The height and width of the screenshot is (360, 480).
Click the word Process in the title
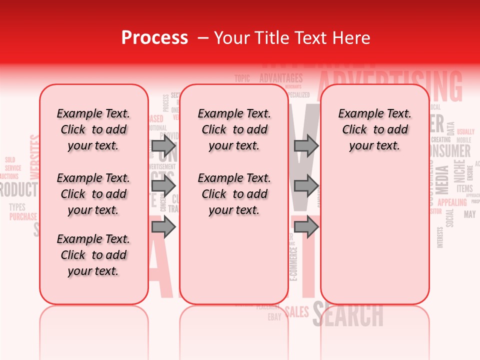pyautogui.click(x=154, y=38)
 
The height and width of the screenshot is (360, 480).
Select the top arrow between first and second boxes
pyautogui.click(x=163, y=146)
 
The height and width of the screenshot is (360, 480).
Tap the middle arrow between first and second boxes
pyautogui.click(x=163, y=186)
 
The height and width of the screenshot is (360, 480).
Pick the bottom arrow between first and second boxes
pyautogui.click(x=163, y=227)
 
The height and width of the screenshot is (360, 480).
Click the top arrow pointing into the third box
pyautogui.click(x=306, y=146)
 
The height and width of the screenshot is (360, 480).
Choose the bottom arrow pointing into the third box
pyautogui.click(x=306, y=227)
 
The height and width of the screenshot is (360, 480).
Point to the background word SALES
pyautogui.click(x=297, y=312)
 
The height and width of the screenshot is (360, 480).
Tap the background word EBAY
pyautogui.click(x=274, y=317)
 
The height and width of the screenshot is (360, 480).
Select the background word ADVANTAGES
pyautogui.click(x=281, y=78)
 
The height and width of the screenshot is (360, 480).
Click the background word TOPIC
pyautogui.click(x=242, y=78)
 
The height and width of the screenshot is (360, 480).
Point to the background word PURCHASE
pyautogui.click(x=23, y=216)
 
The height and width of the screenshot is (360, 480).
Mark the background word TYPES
pyautogui.click(x=17, y=207)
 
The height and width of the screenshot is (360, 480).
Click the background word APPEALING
pyautogui.click(x=452, y=202)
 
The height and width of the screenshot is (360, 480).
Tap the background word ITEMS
pyautogui.click(x=464, y=188)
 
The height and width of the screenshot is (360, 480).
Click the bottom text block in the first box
pyautogui.click(x=93, y=255)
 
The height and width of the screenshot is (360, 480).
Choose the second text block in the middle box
pyautogui.click(x=234, y=194)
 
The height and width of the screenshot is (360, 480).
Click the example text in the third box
pyautogui.click(x=374, y=129)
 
